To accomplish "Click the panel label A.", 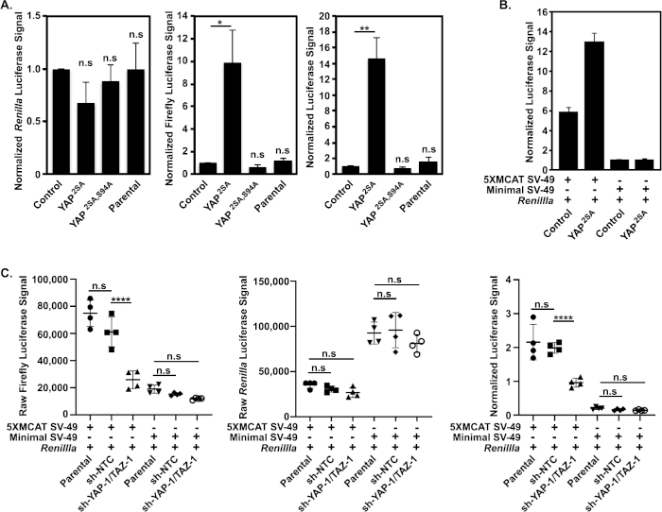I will (x=9, y=8).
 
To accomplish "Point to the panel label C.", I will (x=9, y=272).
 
